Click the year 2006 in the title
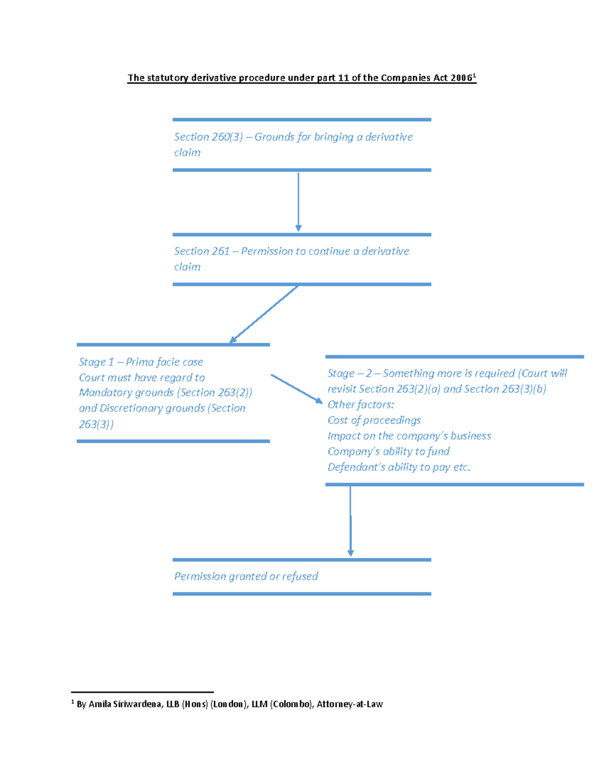pos(462,78)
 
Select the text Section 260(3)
pos(208,137)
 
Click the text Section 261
pos(202,251)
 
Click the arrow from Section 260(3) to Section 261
pos(298,202)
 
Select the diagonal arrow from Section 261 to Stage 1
pos(264,314)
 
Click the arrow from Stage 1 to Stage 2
pos(296,389)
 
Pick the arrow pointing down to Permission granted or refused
pos(350,521)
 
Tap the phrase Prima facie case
pos(165,362)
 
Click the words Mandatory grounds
pos(126,393)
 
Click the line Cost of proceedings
pos(374,420)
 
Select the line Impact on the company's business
pos(409,436)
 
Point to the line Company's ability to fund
pos(389,452)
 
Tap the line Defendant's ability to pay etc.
pos(399,467)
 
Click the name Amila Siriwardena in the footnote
pos(125,704)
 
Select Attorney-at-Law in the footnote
pos(350,704)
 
